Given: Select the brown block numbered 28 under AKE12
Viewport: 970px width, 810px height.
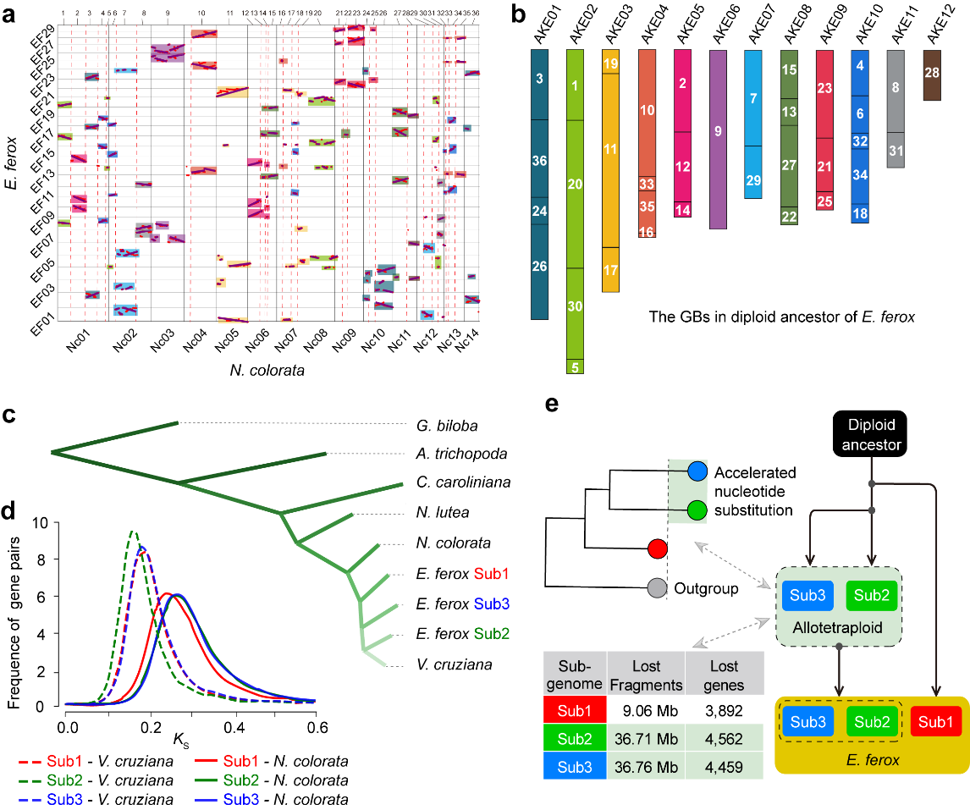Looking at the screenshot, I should point(932,74).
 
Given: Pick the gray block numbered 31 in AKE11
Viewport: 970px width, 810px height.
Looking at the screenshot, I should point(896,150).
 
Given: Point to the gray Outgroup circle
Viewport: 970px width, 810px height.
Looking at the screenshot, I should point(657,587).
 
